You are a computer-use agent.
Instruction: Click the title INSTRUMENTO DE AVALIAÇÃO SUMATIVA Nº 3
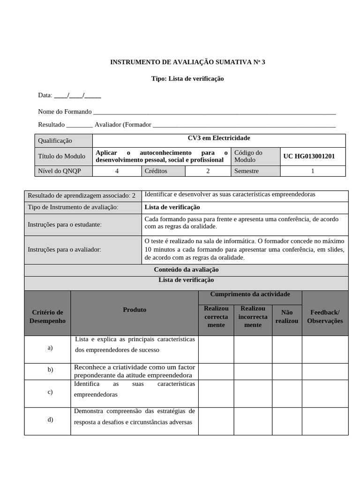pos(187,62)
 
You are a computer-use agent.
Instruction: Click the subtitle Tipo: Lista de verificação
pos(187,79)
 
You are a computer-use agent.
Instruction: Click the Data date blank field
pos(77,96)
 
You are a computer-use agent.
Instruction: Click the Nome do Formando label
pos(65,112)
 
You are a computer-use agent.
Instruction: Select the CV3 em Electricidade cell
pos(219,138)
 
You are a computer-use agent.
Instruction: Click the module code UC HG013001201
pos(309,156)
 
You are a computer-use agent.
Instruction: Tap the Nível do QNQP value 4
pos(117,171)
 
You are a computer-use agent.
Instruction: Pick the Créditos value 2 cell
pos(208,171)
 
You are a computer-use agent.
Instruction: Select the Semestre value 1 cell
pos(313,171)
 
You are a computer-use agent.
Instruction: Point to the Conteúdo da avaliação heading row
pos(186,270)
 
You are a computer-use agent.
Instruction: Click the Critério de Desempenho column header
pos(47,316)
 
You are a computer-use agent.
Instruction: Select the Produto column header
pos(135,310)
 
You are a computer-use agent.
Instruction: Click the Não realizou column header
pos(286,316)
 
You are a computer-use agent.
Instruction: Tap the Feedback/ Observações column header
pos(325,316)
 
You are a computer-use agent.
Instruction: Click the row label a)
pos(50,348)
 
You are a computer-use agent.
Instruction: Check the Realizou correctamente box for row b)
pos(216,371)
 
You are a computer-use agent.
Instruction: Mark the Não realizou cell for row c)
pos(287,393)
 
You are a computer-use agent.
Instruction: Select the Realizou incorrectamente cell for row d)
pos(253,421)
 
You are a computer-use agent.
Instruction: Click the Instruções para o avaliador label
pos(65,249)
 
